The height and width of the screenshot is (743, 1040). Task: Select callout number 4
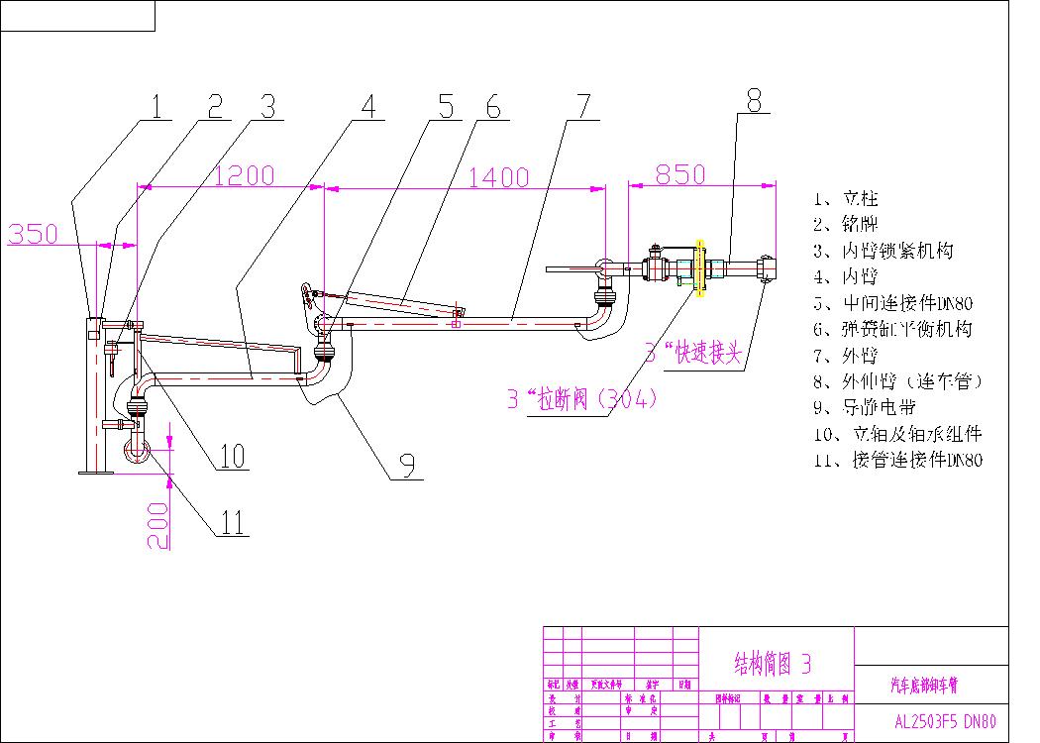[x=368, y=106]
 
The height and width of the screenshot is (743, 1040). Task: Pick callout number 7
[x=582, y=106]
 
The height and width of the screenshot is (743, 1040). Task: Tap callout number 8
[x=754, y=99]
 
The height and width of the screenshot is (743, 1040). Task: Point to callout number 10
[x=232, y=455]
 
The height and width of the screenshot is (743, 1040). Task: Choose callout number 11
[x=231, y=522]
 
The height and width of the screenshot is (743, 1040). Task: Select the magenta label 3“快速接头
[x=692, y=352]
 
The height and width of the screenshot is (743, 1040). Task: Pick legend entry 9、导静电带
[x=864, y=407]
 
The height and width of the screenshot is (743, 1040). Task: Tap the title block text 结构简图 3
[x=773, y=663]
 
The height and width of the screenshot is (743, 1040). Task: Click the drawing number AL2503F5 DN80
[x=938, y=721]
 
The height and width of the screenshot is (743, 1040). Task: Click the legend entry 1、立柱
[x=846, y=198]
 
